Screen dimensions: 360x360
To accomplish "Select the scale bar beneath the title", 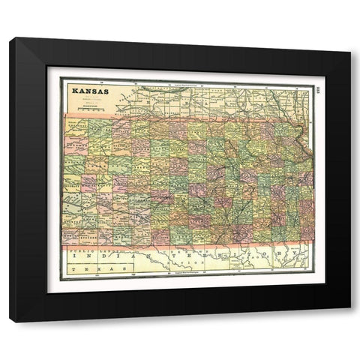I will pos(88,108).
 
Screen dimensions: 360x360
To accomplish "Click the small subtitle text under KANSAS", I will pos(88,99).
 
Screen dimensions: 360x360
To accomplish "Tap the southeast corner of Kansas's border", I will pos(313,241).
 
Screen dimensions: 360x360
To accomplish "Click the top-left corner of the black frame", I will pos(10,37).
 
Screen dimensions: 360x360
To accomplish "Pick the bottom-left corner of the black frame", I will pos(10,322).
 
